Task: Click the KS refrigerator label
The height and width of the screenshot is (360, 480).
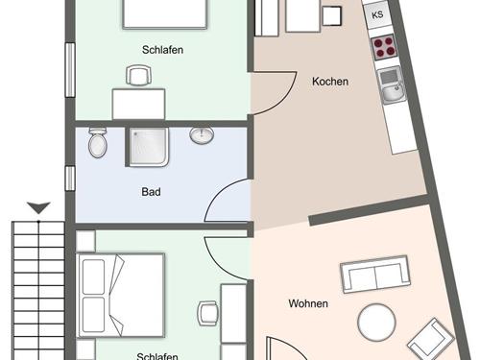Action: coord(377,14)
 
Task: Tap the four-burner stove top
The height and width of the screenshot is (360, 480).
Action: coord(383,47)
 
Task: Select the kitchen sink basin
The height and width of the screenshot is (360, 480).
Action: coord(392,85)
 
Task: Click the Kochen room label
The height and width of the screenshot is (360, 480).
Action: coord(330,82)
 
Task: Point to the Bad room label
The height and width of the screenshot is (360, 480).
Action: coord(151,192)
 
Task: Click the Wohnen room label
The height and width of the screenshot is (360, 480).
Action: coord(308,303)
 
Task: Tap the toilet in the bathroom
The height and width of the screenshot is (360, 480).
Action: coord(97,143)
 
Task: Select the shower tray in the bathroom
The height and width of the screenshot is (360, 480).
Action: coord(148,147)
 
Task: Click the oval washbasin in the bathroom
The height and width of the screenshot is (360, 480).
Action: coord(202,135)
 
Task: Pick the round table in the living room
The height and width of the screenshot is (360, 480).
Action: coord(376,323)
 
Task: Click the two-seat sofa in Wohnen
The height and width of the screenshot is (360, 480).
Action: coord(375,275)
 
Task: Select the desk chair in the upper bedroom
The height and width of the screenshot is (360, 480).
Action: coord(138,76)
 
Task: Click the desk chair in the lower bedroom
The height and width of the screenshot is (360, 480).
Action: coord(208,313)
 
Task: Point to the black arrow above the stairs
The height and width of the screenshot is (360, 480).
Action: coord(38,208)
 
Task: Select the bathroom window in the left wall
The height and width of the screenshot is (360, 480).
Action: coord(70,179)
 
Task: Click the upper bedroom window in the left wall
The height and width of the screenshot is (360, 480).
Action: coord(70,70)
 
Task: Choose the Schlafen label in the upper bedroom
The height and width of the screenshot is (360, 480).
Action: coord(162,50)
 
